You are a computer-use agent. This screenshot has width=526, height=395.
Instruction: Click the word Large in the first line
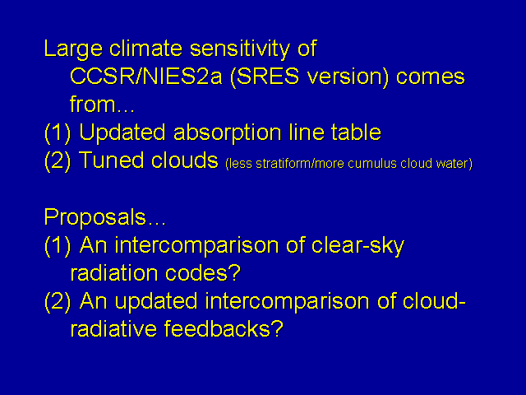[x=73, y=49]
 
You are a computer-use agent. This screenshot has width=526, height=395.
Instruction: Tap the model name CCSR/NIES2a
[x=146, y=77]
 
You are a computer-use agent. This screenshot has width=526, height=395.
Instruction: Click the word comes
[x=431, y=77]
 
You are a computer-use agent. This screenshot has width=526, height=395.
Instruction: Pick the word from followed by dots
[x=102, y=105]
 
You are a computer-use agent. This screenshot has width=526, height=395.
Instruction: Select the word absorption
[x=227, y=133]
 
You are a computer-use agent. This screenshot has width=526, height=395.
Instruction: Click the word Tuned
[x=112, y=160]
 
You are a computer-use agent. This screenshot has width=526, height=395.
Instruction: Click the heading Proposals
[x=104, y=217]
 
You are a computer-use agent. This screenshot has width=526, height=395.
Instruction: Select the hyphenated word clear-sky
[x=358, y=246]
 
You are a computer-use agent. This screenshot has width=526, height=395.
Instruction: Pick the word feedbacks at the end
[x=224, y=328]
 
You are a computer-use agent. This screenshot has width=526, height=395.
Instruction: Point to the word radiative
[x=113, y=328]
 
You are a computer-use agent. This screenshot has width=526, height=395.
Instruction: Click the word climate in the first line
[x=145, y=49]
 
